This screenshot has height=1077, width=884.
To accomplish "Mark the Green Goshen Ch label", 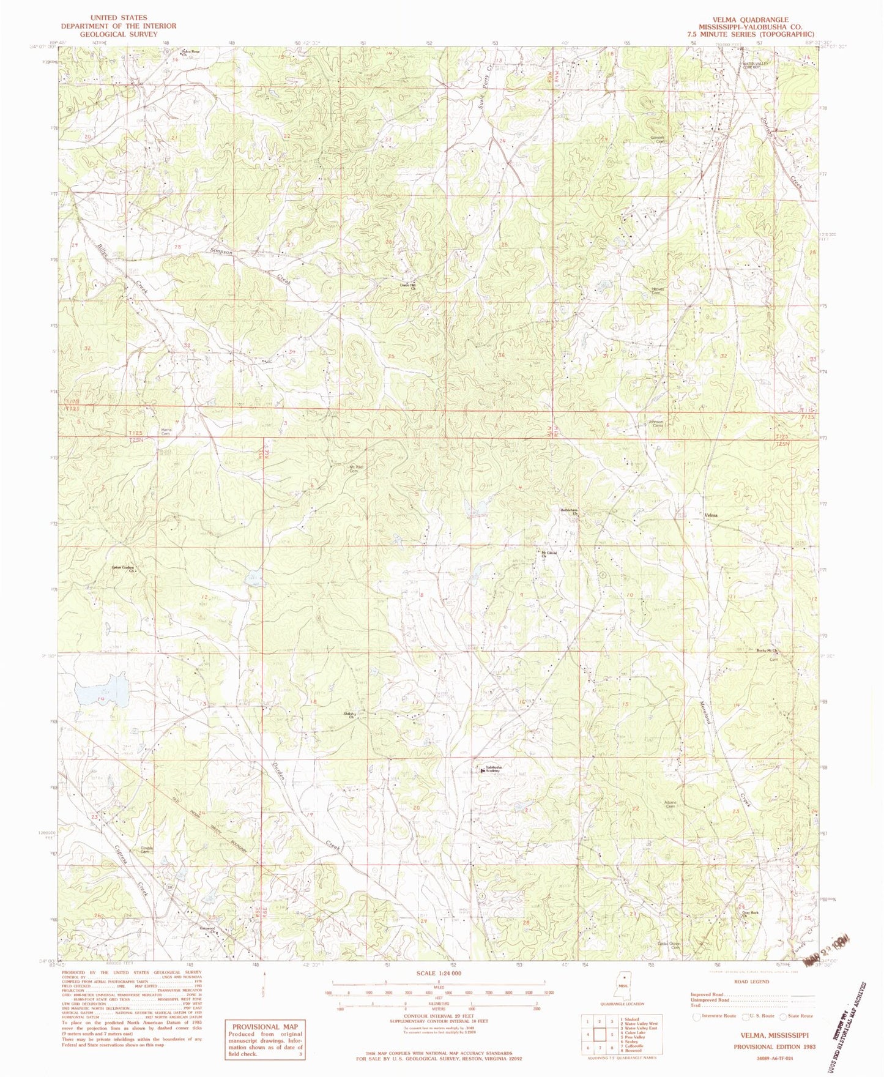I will (123, 569).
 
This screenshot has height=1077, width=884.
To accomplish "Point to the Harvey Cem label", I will (658, 291).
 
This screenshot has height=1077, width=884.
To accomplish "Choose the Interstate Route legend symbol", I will (695, 1016).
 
